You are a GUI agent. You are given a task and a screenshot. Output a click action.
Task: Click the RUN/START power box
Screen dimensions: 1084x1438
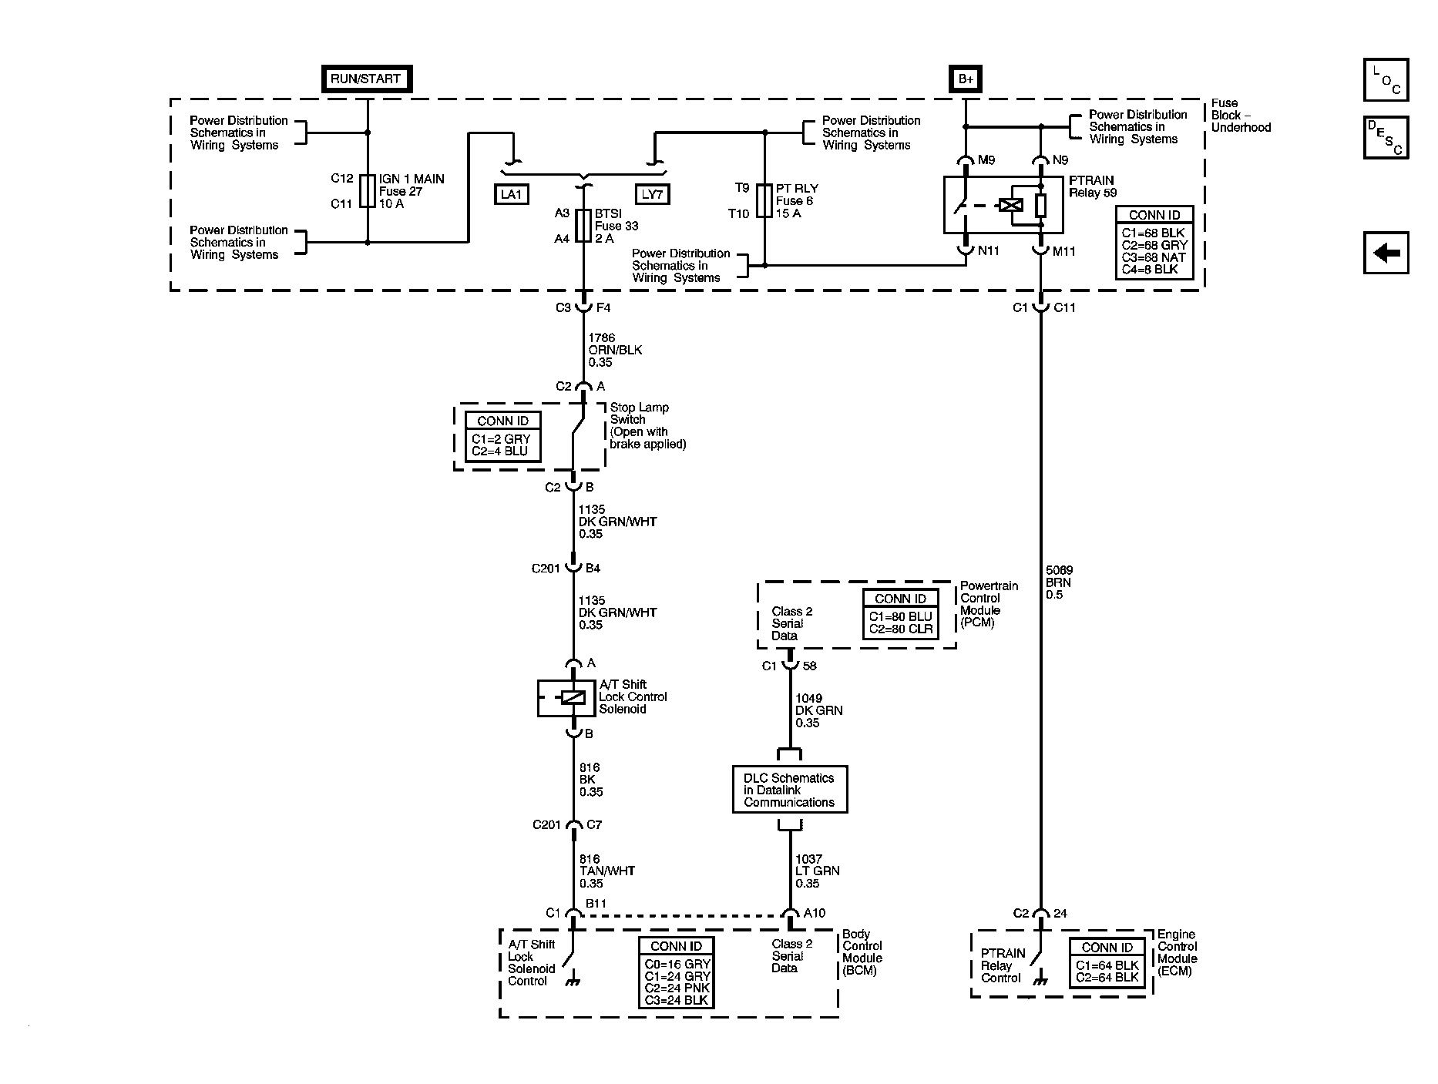[366, 79]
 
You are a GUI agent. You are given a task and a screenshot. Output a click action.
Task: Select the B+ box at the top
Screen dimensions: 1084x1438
[965, 79]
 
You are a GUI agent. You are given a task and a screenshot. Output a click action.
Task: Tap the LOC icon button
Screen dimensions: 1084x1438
[1386, 80]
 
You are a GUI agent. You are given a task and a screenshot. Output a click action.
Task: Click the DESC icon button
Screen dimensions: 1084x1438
[1386, 138]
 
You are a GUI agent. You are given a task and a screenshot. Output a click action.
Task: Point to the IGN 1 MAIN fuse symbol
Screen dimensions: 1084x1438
[368, 191]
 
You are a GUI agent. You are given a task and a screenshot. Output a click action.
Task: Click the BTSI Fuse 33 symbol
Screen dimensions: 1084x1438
[583, 226]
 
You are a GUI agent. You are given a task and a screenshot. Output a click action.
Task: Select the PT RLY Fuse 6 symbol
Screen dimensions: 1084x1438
[764, 200]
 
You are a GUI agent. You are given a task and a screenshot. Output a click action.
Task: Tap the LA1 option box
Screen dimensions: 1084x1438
[512, 195]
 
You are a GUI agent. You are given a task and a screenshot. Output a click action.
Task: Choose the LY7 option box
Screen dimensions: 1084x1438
[652, 195]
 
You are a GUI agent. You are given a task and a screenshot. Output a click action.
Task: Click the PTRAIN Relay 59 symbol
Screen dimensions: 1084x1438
[1003, 205]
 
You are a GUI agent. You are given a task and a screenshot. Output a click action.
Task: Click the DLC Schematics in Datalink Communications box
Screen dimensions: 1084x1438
[789, 790]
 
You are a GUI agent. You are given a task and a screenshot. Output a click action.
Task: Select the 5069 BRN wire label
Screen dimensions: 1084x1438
[1058, 582]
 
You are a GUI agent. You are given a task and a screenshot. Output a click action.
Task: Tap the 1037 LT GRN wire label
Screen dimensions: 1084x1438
[817, 871]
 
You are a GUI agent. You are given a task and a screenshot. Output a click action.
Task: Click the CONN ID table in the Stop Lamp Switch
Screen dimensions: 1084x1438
[502, 437]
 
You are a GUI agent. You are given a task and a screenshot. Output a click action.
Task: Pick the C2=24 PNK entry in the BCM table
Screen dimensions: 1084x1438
[677, 988]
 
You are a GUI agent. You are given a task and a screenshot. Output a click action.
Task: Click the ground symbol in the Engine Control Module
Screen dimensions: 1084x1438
[1040, 982]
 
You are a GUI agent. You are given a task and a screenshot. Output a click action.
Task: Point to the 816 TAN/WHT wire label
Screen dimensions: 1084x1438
[606, 871]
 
